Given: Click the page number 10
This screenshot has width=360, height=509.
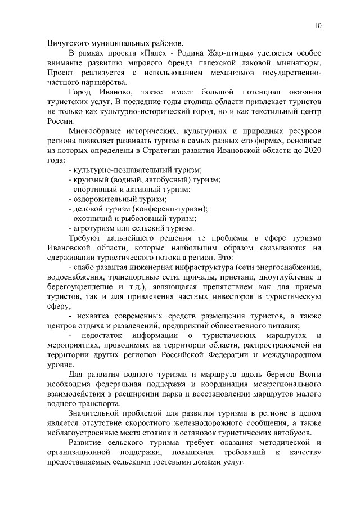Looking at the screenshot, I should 318,25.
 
